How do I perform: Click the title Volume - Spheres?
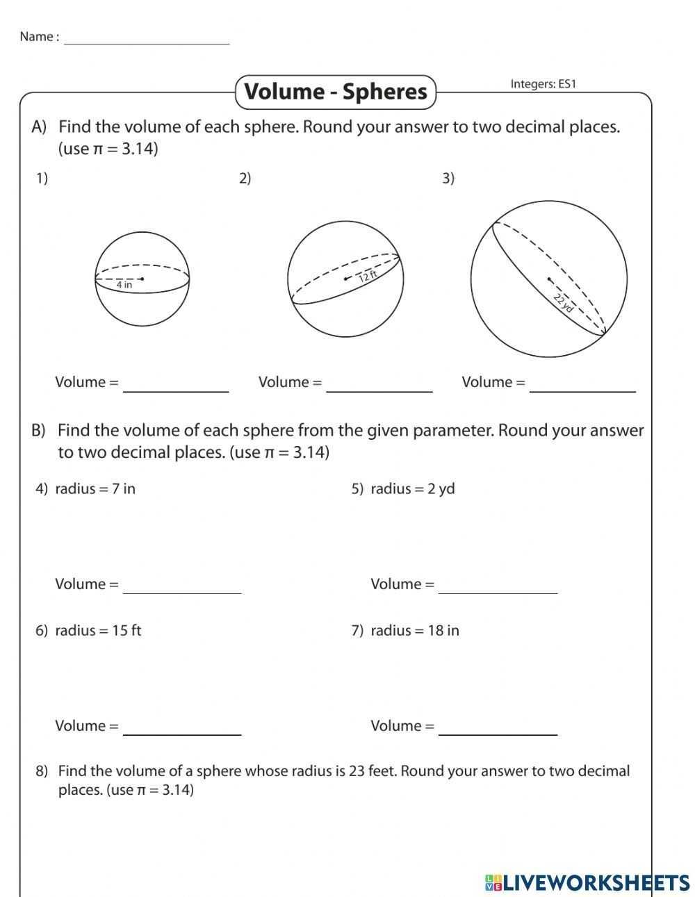click(336, 92)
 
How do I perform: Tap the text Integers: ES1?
click(543, 84)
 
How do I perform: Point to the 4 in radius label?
click(124, 285)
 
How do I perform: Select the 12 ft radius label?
click(368, 276)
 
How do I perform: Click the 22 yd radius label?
click(564, 302)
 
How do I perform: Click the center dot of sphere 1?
click(141, 279)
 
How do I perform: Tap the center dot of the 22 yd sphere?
click(549, 279)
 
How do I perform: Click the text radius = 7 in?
click(95, 488)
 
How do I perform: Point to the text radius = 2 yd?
click(412, 488)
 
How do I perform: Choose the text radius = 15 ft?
click(98, 630)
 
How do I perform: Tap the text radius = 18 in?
click(415, 630)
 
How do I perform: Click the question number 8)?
click(42, 771)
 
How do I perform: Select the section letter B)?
click(38, 431)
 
